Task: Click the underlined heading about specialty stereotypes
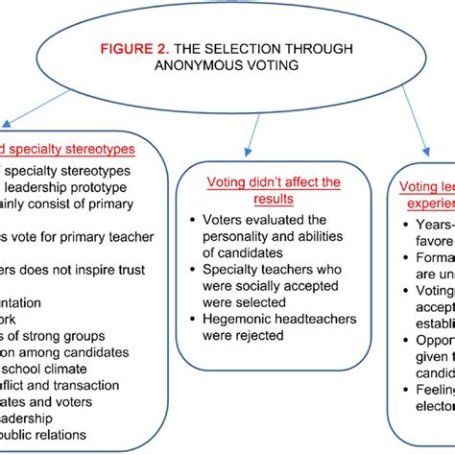(x=67, y=149)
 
